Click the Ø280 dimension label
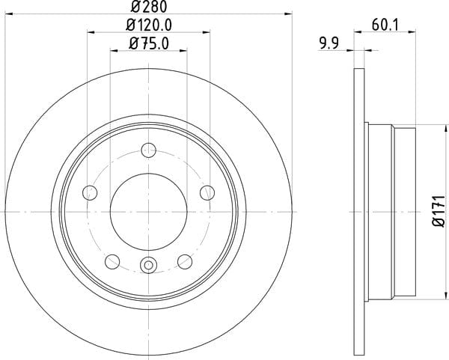point(149,7)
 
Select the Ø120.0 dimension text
point(149,25)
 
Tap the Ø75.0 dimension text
point(149,44)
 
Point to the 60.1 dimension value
point(385,25)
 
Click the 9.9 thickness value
point(329,43)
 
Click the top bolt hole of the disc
point(149,150)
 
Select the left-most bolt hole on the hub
point(90,192)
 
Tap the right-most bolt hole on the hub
point(207,192)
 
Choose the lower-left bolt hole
point(112,261)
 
